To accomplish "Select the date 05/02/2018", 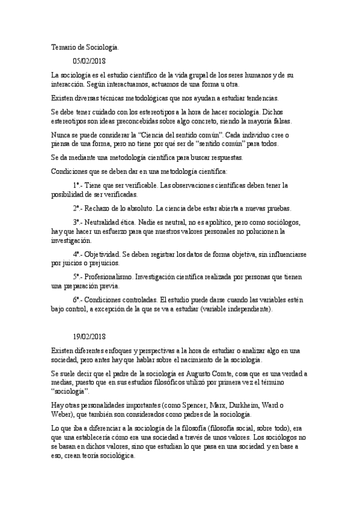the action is pyautogui.click(x=89, y=60).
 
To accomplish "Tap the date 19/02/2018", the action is pyautogui.click(x=89, y=337).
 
